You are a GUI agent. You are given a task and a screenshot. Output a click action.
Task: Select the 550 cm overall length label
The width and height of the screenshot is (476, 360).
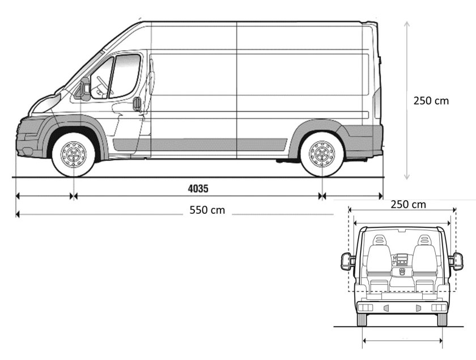(x=207, y=210)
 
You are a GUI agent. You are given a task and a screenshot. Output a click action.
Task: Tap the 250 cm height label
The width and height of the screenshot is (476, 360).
(x=431, y=101)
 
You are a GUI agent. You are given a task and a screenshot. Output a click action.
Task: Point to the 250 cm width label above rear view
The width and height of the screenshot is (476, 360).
(x=408, y=204)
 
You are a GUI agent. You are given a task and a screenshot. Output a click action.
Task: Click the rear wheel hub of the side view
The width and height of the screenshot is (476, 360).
(x=321, y=154)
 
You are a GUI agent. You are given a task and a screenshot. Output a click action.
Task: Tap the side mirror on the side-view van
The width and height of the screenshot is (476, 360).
(x=85, y=88)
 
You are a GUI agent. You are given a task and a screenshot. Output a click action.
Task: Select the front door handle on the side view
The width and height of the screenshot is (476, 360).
(x=137, y=104)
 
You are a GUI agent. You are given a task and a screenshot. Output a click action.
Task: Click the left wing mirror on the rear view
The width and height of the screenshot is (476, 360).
(x=347, y=261)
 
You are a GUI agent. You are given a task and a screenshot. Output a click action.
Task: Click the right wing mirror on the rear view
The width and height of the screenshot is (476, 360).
(x=456, y=261)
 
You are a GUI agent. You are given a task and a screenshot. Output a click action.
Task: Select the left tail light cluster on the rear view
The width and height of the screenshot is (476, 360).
(x=365, y=307)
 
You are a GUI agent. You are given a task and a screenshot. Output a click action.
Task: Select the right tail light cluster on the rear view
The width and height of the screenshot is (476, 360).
(x=438, y=307)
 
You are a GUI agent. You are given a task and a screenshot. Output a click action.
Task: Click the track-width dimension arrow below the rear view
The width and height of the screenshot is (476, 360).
(x=402, y=341)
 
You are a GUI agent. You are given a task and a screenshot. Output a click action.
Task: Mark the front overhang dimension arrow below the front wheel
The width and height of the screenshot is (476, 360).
(x=45, y=196)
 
